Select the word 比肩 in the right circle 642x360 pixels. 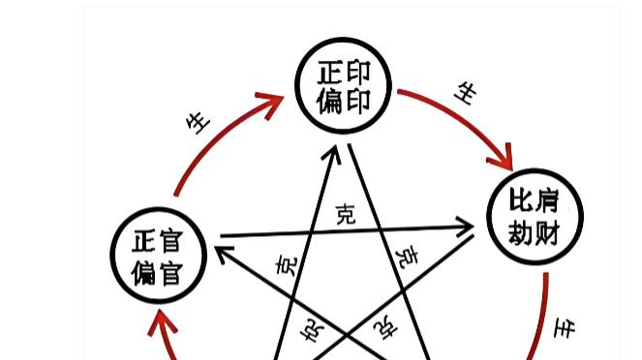[x=534, y=202]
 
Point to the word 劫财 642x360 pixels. [x=534, y=231]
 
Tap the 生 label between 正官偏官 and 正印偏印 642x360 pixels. [x=198, y=122]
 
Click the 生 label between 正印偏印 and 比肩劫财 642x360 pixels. [x=467, y=93]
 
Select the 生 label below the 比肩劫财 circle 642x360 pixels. [x=564, y=328]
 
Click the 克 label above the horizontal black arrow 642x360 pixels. [x=345, y=214]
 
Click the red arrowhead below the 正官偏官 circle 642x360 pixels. [x=160, y=323]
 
